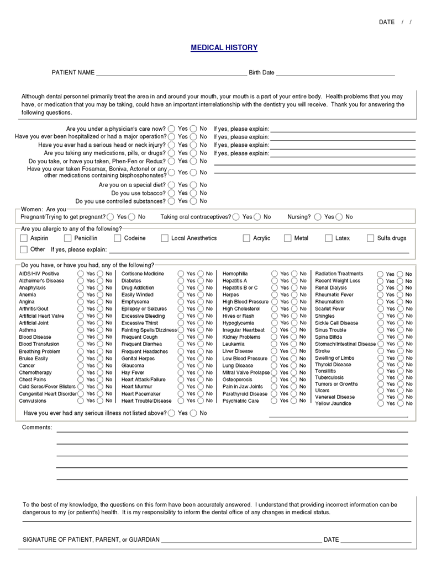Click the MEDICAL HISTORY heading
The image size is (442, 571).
(x=224, y=48)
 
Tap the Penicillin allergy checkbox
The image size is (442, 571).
(x=68, y=238)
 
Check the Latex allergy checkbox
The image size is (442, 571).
(x=329, y=238)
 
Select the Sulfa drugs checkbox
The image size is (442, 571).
(x=371, y=238)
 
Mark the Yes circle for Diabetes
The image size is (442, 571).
(x=181, y=281)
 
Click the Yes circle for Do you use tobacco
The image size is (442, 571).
(x=172, y=193)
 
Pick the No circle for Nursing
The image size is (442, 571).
(x=339, y=217)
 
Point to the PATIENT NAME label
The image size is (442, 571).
(x=73, y=73)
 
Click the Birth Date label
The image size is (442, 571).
(x=261, y=73)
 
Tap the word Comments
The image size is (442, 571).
(x=37, y=428)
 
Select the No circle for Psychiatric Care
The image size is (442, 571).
(x=294, y=401)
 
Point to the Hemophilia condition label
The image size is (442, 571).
(x=235, y=274)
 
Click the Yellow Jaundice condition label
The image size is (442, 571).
(x=333, y=404)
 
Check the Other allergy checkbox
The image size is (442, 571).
(x=24, y=249)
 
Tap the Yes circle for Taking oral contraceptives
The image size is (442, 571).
(x=236, y=217)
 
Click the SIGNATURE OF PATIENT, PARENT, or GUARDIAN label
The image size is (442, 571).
(x=91, y=540)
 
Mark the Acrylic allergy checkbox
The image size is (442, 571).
(x=246, y=238)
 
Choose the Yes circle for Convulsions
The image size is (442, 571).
(x=81, y=401)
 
